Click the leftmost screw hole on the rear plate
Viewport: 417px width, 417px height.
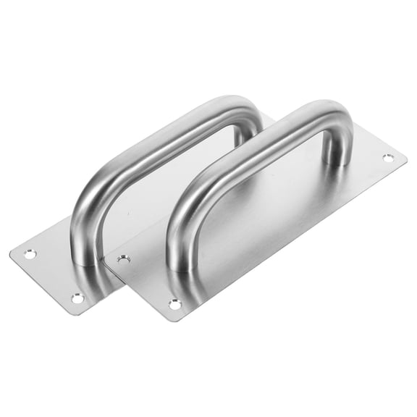(x=29, y=254)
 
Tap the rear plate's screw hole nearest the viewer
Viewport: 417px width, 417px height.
(x=77, y=298)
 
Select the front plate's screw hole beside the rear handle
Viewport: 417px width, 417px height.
(x=124, y=258)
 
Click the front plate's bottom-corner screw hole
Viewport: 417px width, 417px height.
(x=174, y=305)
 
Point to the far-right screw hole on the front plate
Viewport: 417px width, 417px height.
(x=388, y=157)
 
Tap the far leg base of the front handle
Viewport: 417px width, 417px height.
(x=336, y=161)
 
